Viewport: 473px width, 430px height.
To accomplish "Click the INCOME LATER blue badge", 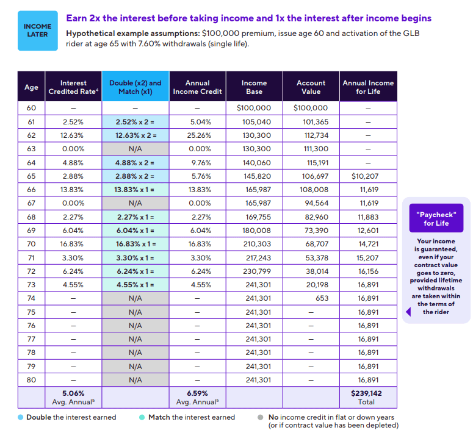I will coord(37,30).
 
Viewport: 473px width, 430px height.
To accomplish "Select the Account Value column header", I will coord(311,87).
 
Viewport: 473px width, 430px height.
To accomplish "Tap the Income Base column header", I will coord(254,87).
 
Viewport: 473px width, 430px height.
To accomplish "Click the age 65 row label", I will coord(31,176).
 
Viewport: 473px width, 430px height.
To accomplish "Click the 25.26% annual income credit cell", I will coord(197,135).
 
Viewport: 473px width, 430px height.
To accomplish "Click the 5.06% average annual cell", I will coord(73,397).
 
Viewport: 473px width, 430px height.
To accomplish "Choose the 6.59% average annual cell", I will coord(197,397).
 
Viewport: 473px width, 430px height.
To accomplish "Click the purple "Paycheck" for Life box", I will coord(436,218).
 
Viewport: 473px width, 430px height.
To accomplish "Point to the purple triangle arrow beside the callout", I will coord(408,312).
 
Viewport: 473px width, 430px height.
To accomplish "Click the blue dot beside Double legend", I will coord(20,417).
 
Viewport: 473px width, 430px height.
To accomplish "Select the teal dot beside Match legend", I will coord(142,417).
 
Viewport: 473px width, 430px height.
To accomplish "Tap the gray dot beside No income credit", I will coord(261,417).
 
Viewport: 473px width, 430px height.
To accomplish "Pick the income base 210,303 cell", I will coord(254,244).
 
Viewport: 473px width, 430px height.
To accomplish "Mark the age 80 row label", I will coord(31,379).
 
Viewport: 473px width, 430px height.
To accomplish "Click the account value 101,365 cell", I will coord(311,122).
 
